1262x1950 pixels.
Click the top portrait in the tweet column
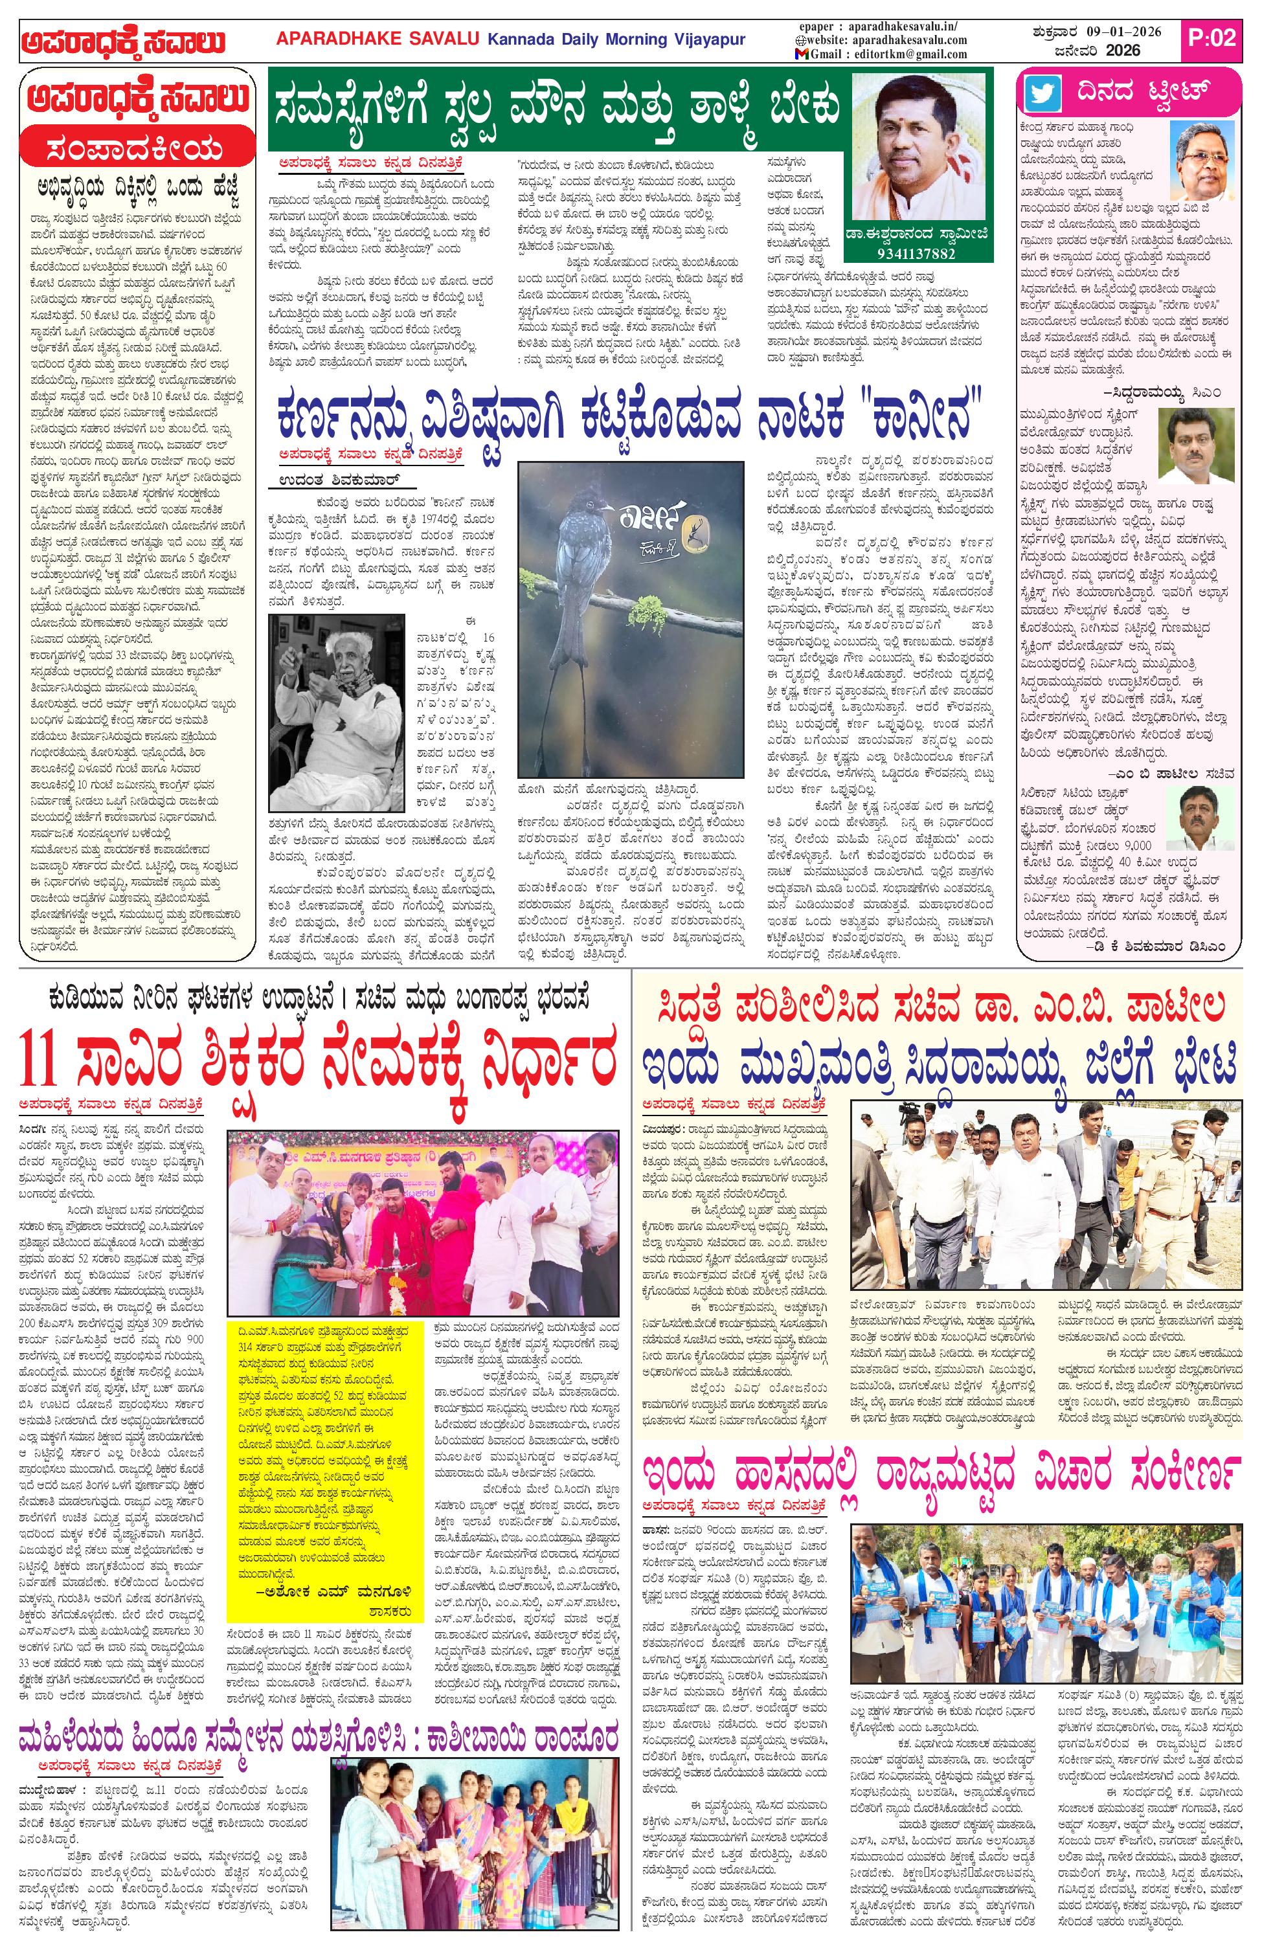click(x=1203, y=158)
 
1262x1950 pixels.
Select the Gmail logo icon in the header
click(x=802, y=54)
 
